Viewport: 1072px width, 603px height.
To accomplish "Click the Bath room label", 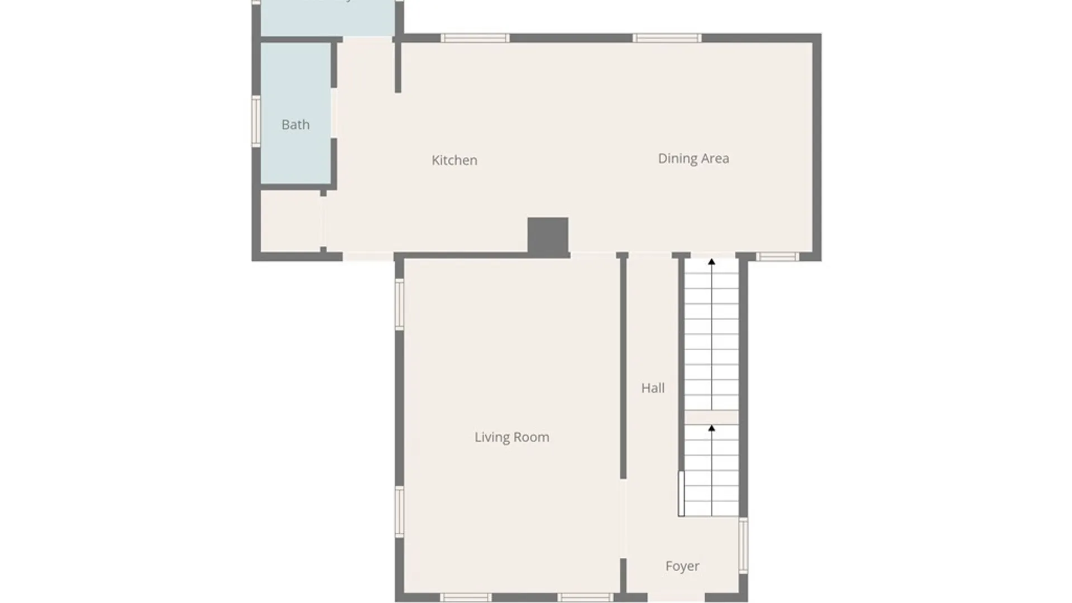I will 295,125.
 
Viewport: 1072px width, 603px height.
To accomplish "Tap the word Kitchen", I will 454,160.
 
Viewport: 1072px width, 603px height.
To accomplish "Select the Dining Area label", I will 693,159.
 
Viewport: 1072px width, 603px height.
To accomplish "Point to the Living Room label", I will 511,437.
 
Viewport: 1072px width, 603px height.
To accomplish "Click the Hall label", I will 652,388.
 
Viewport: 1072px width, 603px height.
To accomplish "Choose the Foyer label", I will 682,566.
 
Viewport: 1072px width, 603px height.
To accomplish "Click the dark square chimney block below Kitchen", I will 548,235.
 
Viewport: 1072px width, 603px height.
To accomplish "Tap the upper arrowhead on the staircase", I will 711,261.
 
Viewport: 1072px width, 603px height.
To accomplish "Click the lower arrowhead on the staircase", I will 711,428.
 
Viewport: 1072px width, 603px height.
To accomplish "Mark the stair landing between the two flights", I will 711,417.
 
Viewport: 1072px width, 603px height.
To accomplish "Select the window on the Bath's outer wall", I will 256,121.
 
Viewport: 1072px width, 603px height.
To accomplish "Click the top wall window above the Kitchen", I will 475,38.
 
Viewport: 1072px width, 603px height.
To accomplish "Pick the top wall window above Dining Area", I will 667,38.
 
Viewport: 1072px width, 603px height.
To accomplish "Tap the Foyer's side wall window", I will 743,545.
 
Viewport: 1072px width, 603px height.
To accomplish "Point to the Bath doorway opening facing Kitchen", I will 334,113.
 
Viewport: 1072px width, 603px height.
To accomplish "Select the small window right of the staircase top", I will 777,257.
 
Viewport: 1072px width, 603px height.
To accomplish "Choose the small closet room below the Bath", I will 290,221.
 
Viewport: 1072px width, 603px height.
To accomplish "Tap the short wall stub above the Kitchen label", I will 398,66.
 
